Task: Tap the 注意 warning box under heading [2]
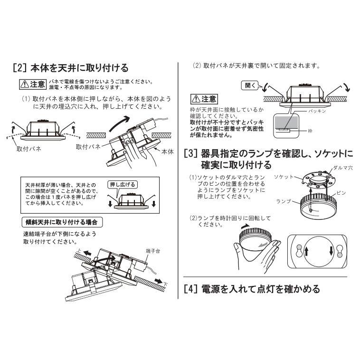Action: [33, 85]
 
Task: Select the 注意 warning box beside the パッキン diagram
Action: [203, 99]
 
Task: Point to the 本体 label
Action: [168, 152]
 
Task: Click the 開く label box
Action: [250, 85]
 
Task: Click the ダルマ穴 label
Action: [343, 168]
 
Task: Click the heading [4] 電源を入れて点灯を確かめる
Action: [252, 288]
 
